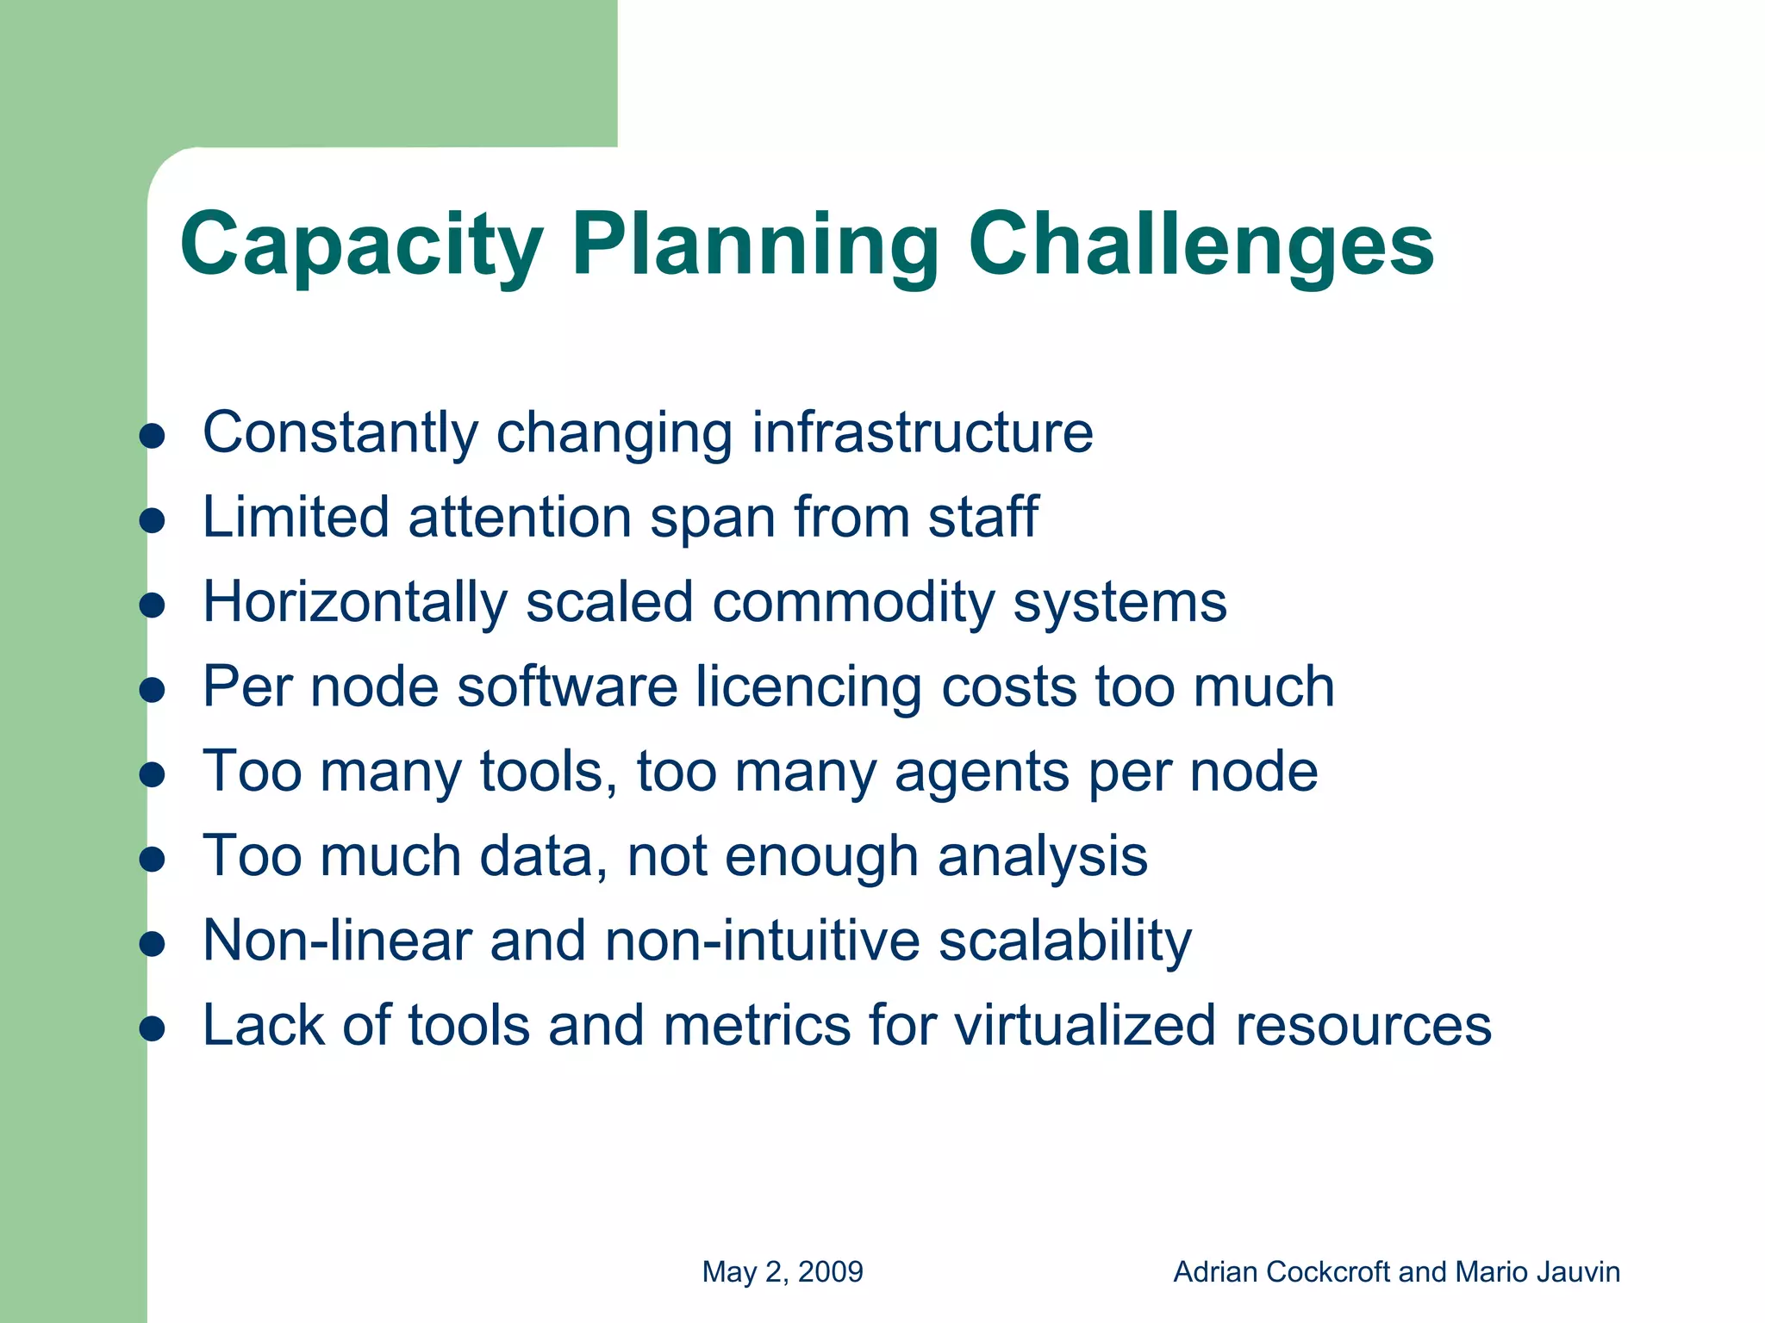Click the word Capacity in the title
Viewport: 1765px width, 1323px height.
coord(361,245)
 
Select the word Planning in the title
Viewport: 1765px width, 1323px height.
coord(754,245)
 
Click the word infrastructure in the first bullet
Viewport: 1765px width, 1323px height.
coord(922,432)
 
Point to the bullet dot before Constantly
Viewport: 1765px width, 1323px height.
coord(152,437)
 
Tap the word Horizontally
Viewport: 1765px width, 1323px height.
coord(355,601)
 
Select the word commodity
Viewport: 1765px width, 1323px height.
coord(853,601)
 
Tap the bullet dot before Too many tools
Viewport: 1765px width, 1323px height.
coord(152,775)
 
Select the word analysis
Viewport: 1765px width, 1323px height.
coord(1042,856)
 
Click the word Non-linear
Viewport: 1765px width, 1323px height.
coord(337,940)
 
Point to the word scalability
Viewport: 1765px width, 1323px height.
coord(1064,941)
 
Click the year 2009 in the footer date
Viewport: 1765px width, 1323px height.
coord(831,1272)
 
